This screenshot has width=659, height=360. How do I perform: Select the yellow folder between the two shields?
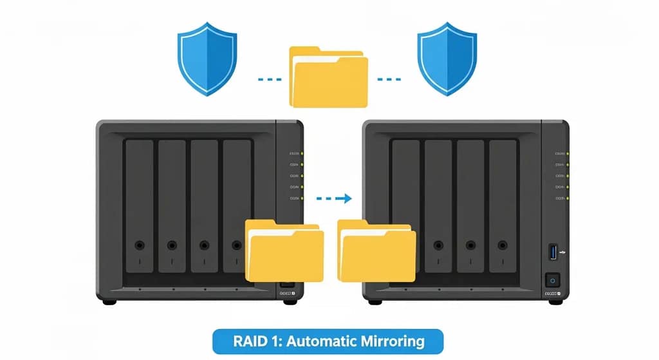point(328,77)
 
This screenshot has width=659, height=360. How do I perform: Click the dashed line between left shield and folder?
point(268,80)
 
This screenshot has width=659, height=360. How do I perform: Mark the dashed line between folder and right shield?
point(389,80)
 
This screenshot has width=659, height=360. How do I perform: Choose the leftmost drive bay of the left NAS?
point(139,206)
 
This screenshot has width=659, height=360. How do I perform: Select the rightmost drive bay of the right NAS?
point(503,206)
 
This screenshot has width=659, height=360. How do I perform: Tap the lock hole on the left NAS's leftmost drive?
point(139,245)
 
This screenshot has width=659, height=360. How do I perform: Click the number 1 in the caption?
point(270,340)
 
